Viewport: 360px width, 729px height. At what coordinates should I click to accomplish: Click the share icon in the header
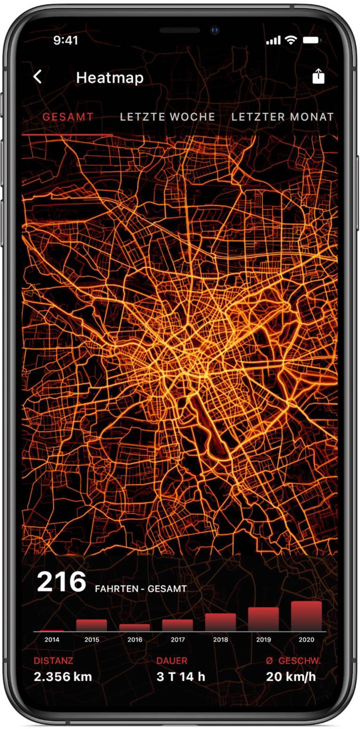319,76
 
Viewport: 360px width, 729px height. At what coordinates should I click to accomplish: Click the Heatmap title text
110,78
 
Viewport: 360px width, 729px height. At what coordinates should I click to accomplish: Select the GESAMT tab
68,117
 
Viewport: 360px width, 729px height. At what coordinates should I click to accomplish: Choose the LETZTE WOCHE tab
168,117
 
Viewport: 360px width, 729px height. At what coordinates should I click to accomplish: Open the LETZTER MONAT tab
282,117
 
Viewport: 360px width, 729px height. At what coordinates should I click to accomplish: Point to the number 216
61,582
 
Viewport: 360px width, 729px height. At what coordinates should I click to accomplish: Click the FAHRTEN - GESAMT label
141,589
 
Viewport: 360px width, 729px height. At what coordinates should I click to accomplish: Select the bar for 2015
92,625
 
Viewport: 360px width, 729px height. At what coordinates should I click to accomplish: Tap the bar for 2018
220,622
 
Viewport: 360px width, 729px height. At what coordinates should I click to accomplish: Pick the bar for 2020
306,616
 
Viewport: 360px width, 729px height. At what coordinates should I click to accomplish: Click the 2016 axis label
135,640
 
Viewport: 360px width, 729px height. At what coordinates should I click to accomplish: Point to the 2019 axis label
264,640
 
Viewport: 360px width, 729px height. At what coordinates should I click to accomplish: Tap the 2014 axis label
52,640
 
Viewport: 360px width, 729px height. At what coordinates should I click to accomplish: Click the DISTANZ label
53,661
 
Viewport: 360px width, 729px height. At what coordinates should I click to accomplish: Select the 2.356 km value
63,677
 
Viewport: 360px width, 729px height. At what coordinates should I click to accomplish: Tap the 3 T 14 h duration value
180,677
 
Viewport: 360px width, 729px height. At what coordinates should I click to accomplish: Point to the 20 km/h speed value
291,677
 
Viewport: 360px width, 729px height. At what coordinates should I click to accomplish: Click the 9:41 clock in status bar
65,40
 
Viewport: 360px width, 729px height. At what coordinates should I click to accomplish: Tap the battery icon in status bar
311,40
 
